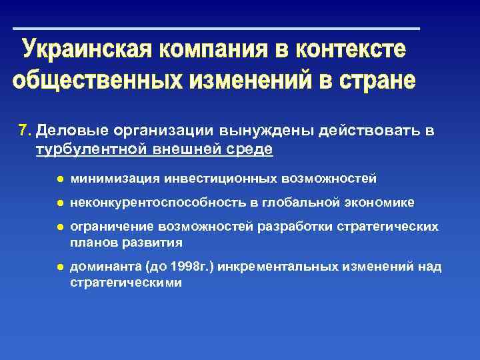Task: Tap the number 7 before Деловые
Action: pos(23,131)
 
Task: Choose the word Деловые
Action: pos(67,131)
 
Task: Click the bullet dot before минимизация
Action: pos(59,179)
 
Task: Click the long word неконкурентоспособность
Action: pos(157,202)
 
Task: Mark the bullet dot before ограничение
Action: pos(59,227)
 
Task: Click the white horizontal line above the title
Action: pos(217,29)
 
